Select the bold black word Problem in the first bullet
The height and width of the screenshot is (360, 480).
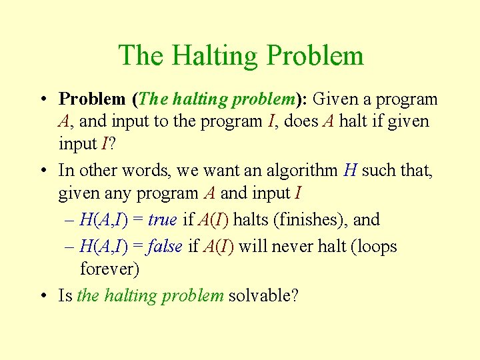click(x=92, y=100)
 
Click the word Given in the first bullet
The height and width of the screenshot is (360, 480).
click(x=335, y=100)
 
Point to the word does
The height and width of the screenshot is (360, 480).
click(x=311, y=122)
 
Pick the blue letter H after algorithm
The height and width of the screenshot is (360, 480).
click(x=351, y=171)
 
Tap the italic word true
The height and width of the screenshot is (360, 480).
click(x=162, y=219)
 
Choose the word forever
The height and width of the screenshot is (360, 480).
click(x=109, y=269)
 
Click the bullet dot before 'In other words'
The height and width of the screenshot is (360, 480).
click(x=43, y=171)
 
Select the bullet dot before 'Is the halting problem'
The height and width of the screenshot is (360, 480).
click(x=43, y=295)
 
